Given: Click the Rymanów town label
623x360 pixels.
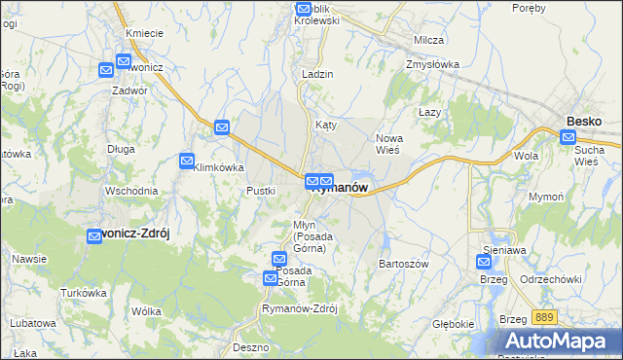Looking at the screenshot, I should [339, 189].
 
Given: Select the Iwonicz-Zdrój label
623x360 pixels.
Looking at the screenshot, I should [136, 234].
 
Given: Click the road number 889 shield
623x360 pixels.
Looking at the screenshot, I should [544, 318].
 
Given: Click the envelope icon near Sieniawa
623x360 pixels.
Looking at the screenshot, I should [485, 261].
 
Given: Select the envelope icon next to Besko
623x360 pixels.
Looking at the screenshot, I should [568, 138].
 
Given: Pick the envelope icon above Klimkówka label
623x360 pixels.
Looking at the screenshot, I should [222, 126].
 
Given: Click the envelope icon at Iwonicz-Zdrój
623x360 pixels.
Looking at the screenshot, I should [94, 235].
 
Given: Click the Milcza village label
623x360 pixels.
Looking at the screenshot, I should [428, 40].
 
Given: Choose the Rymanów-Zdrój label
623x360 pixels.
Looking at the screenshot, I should [299, 308].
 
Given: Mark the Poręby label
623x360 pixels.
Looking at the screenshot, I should [528, 9].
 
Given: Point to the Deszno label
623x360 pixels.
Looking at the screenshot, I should [251, 346].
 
